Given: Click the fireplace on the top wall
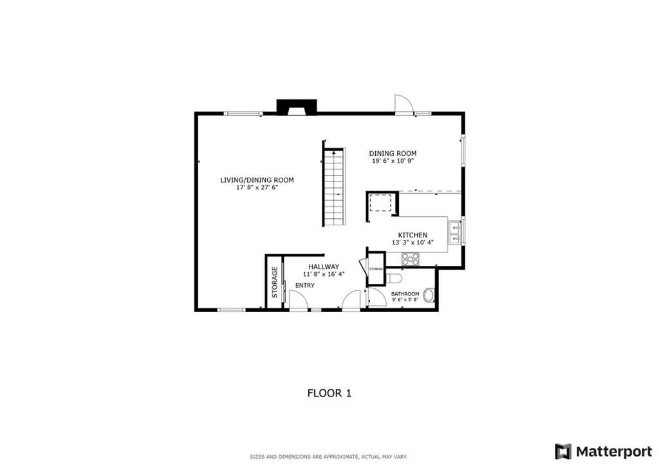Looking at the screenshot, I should pos(296,107).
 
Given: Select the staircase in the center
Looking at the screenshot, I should pos(333,187).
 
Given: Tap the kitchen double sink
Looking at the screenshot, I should pos(454,232).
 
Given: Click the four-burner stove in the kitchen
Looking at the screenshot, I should pos(410,259).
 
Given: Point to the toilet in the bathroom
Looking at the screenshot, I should pos(394,278).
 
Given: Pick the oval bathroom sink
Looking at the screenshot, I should pos(429,295).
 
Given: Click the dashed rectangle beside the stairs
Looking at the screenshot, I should pos(381,203).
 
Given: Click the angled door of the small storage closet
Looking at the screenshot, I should pos(362,266).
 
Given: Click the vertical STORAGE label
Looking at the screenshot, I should pos(275,282).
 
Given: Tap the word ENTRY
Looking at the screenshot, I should pos(305,285).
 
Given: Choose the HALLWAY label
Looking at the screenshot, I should pos(324,266).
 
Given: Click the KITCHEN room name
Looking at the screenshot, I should pos(413,235).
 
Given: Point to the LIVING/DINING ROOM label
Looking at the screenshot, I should pos(257,180).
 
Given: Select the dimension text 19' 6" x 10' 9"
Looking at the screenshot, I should pos(392,161).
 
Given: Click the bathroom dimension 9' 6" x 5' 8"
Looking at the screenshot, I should pos(405,300).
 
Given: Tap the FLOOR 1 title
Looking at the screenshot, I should pos(329,393).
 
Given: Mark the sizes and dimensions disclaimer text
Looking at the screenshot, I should pos(329,457).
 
